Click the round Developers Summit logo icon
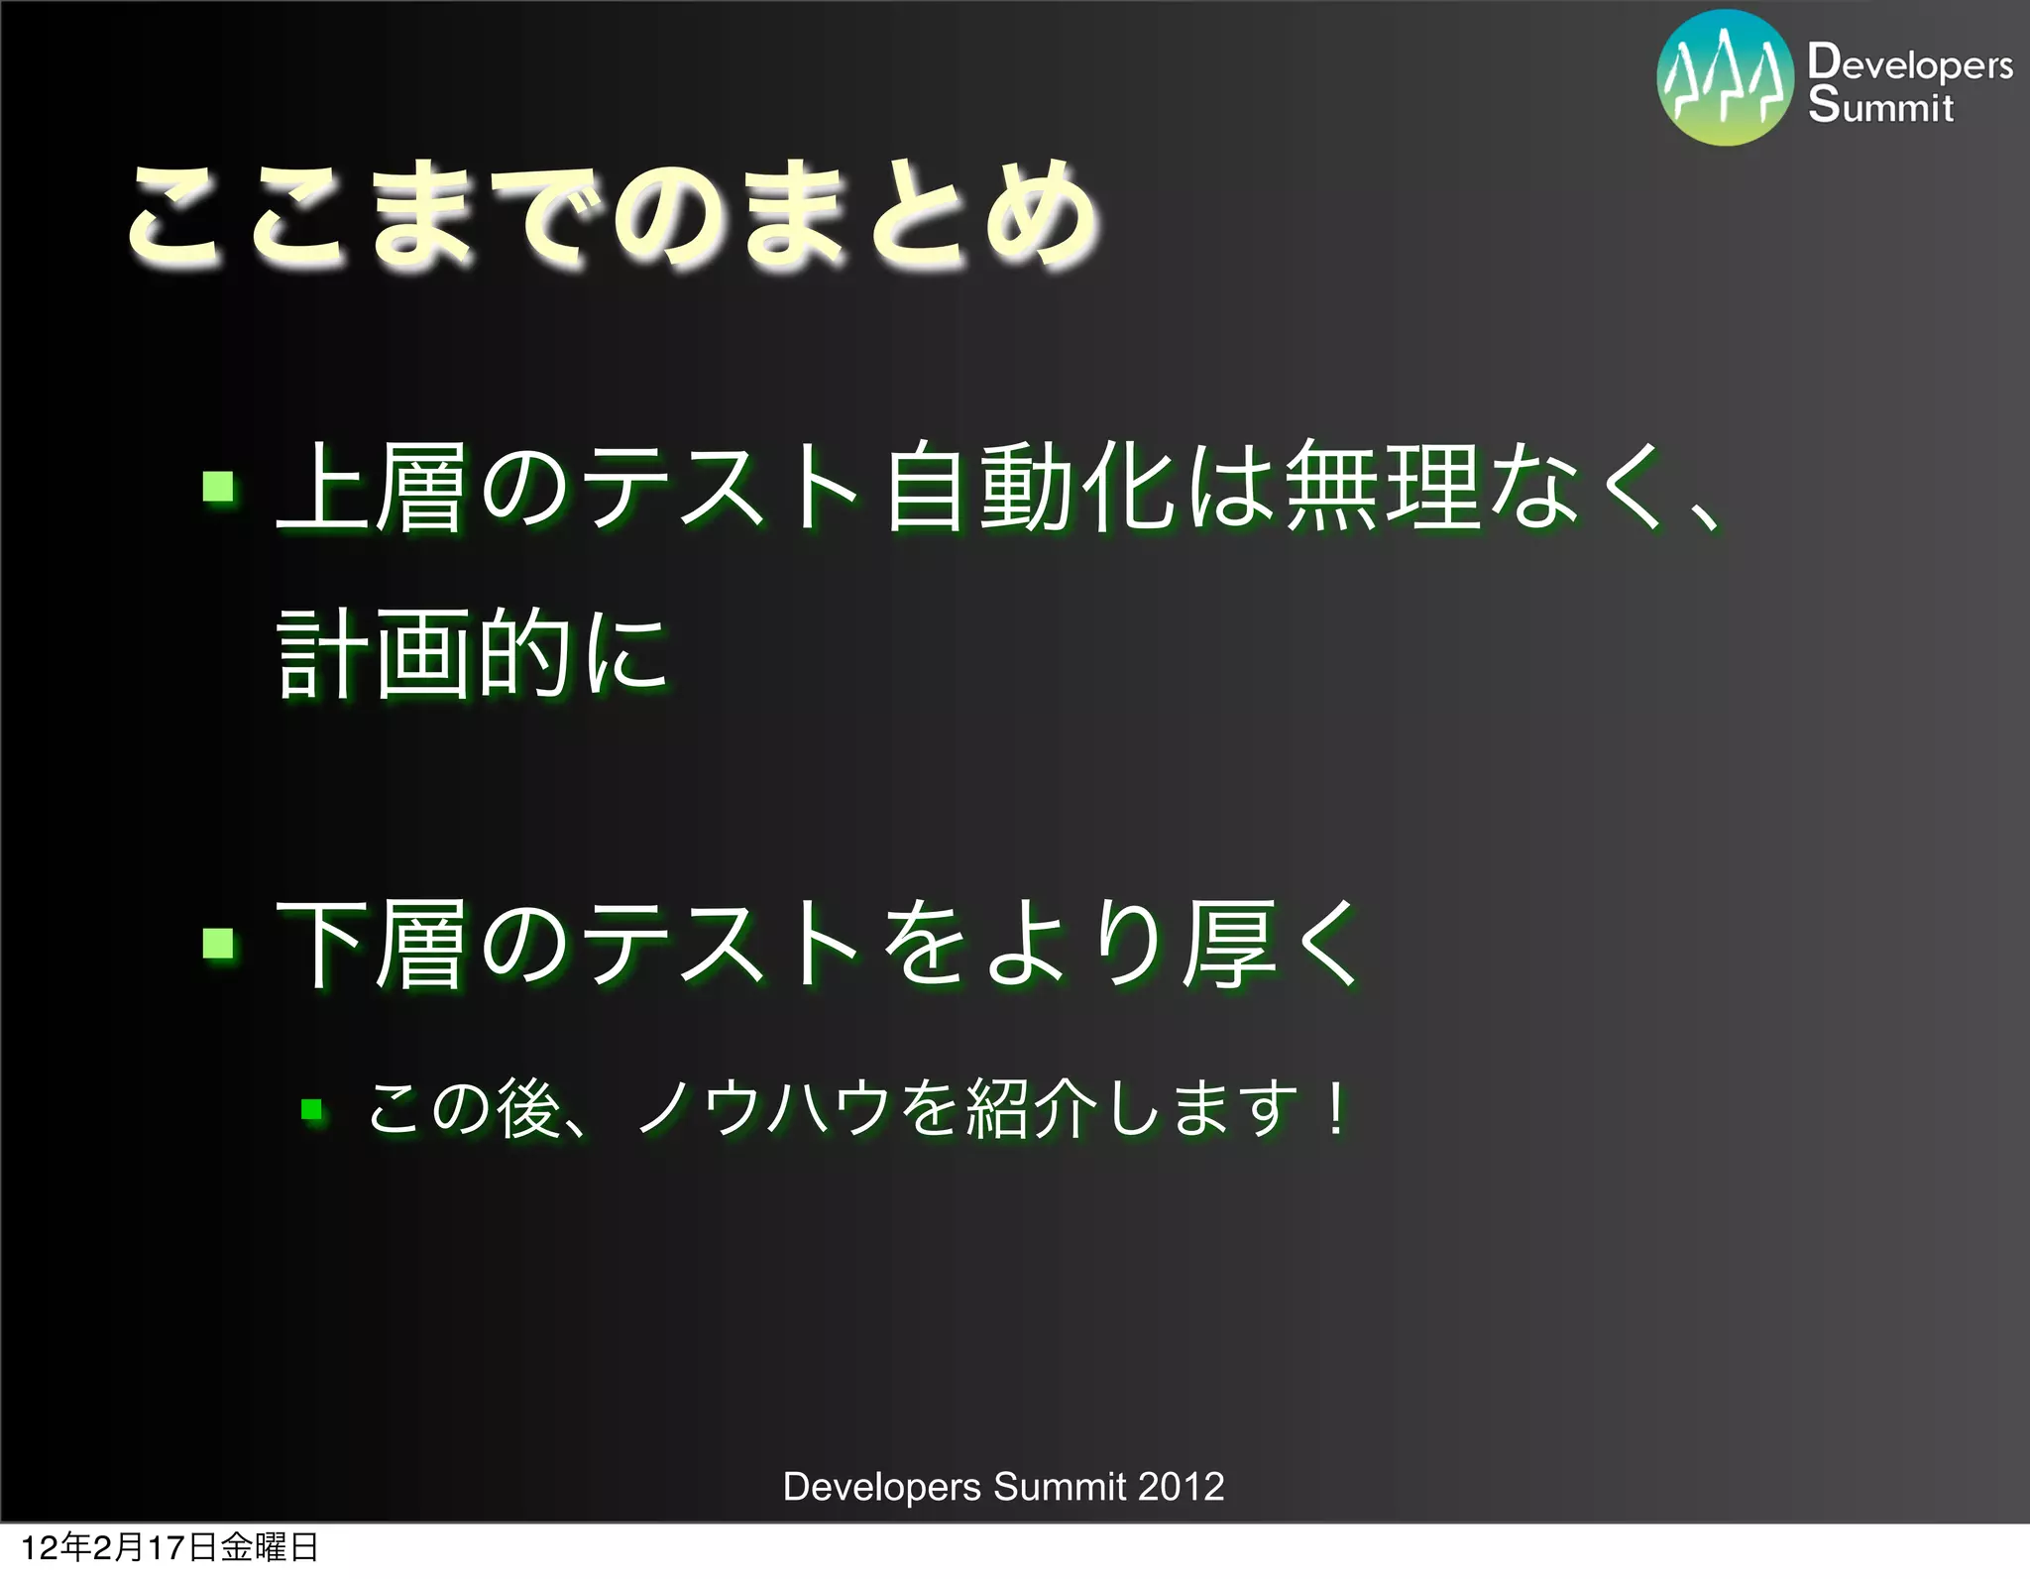pos(1725,78)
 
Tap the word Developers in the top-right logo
pos(1910,63)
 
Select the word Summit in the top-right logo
pos(1880,105)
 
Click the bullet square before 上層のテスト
pos(218,487)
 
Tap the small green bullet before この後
pos(312,1109)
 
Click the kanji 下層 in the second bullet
pos(371,944)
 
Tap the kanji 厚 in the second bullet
pos(1230,944)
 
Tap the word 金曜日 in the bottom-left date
pos(269,1547)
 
